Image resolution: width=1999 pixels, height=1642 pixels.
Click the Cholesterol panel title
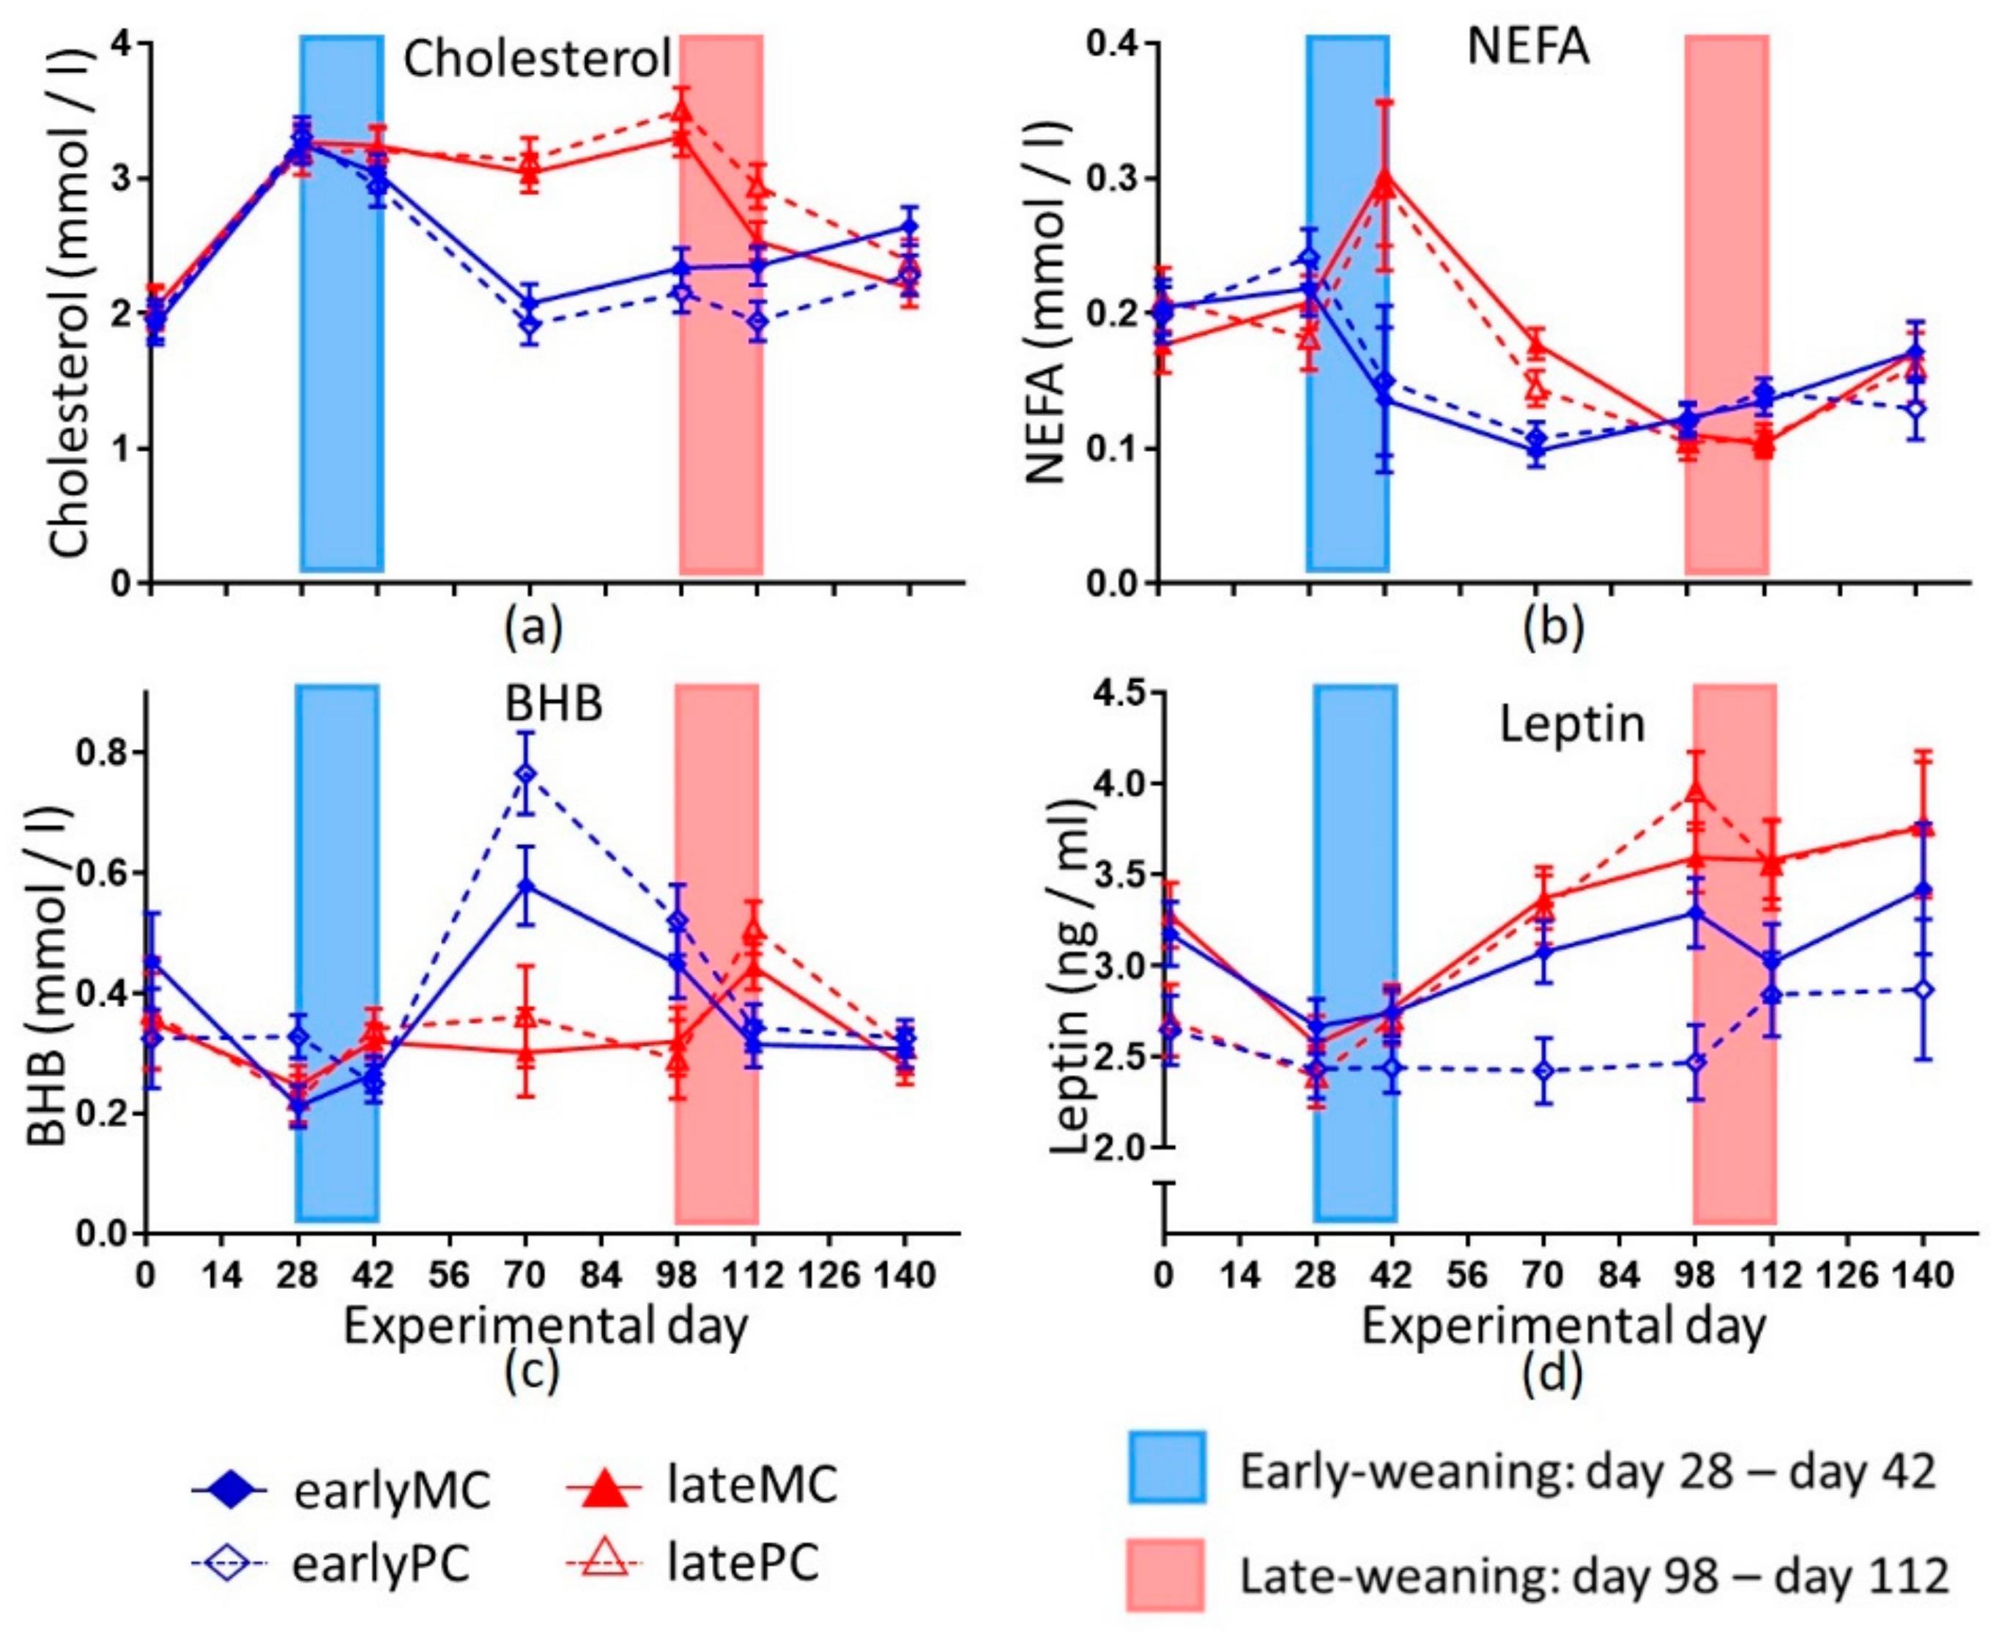click(536, 62)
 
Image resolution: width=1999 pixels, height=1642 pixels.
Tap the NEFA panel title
click(1527, 48)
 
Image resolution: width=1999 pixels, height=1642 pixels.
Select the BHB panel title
click(554, 705)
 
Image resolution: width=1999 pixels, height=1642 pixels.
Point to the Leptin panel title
click(1573, 724)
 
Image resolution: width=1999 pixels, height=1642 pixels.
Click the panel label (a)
click(533, 627)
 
